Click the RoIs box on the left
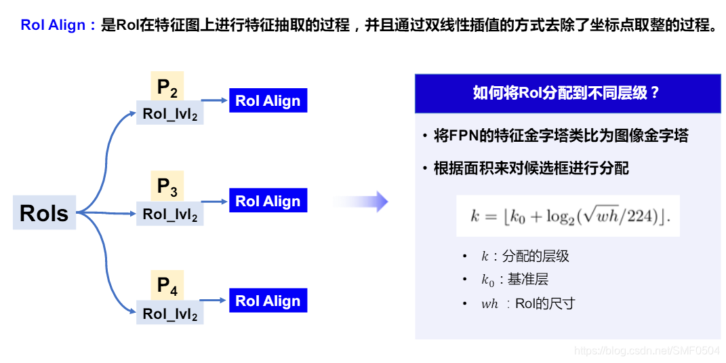44,213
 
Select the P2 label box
167,86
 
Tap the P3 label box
167,186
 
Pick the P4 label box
167,286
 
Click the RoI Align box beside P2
268,101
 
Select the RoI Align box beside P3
268,201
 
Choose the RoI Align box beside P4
268,301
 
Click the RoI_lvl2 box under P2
170,113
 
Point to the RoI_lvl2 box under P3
170,214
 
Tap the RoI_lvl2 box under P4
170,313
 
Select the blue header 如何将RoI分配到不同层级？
567,93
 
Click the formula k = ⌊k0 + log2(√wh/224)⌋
567,216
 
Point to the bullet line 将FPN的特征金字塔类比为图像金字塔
560,136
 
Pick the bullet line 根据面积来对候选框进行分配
530,168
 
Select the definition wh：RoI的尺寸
527,303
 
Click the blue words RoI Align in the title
53,26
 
